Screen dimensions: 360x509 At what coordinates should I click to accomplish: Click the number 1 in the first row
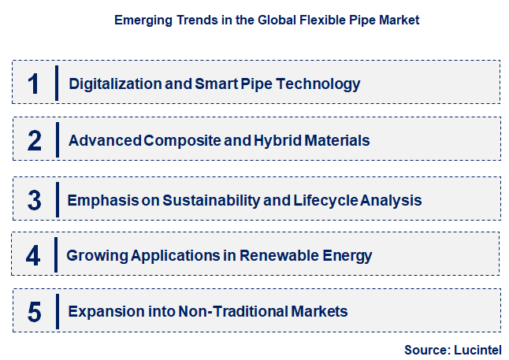point(33,84)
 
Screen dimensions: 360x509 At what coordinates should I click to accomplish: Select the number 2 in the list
point(34,141)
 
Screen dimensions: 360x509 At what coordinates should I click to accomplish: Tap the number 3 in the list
point(34,200)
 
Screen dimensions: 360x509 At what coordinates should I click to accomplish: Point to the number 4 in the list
point(33,256)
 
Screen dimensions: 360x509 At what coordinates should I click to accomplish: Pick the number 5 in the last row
point(34,312)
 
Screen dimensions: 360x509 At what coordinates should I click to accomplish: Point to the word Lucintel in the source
point(476,349)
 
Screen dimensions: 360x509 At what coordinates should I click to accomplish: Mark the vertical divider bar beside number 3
point(57,199)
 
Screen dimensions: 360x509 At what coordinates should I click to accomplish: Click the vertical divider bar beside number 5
point(57,311)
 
